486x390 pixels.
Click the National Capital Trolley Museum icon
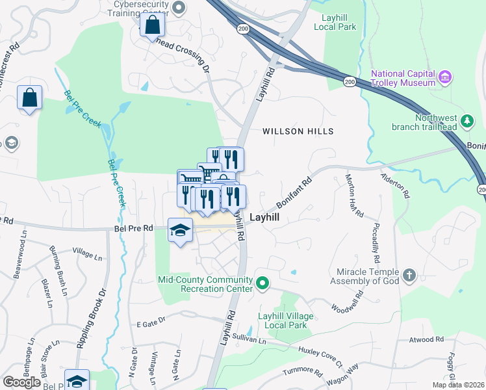click(445, 77)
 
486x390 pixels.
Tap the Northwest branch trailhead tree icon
click(466, 121)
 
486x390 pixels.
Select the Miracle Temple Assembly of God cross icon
click(409, 275)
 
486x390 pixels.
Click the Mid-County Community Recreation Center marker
click(262, 283)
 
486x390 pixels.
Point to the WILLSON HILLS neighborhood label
click(298, 131)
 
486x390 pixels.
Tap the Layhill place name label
click(265, 217)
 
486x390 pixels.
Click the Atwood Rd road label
click(426, 339)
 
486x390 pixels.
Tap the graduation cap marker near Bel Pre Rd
click(181, 231)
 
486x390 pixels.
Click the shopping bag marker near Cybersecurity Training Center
click(152, 26)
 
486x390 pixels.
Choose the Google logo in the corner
click(22, 382)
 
